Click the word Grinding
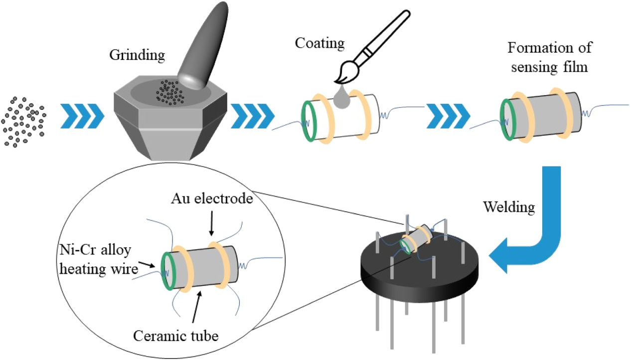coord(137,55)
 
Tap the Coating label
coord(320,43)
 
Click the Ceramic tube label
coord(175,336)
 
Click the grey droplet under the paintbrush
coord(341,100)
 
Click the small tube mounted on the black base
coord(418,239)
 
